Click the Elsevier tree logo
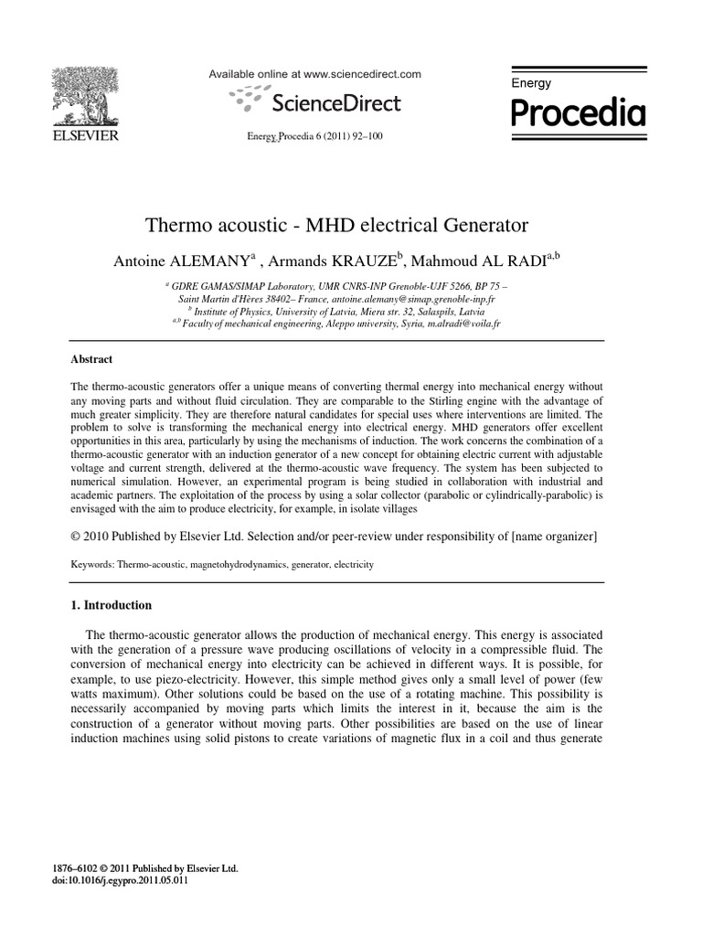pyautogui.click(x=88, y=95)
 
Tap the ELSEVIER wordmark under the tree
pyautogui.click(x=88, y=136)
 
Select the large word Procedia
pyautogui.click(x=577, y=114)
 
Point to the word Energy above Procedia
pyautogui.click(x=531, y=83)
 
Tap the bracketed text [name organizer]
pyautogui.click(x=544, y=537)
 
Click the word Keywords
pyautogui.click(x=92, y=566)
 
